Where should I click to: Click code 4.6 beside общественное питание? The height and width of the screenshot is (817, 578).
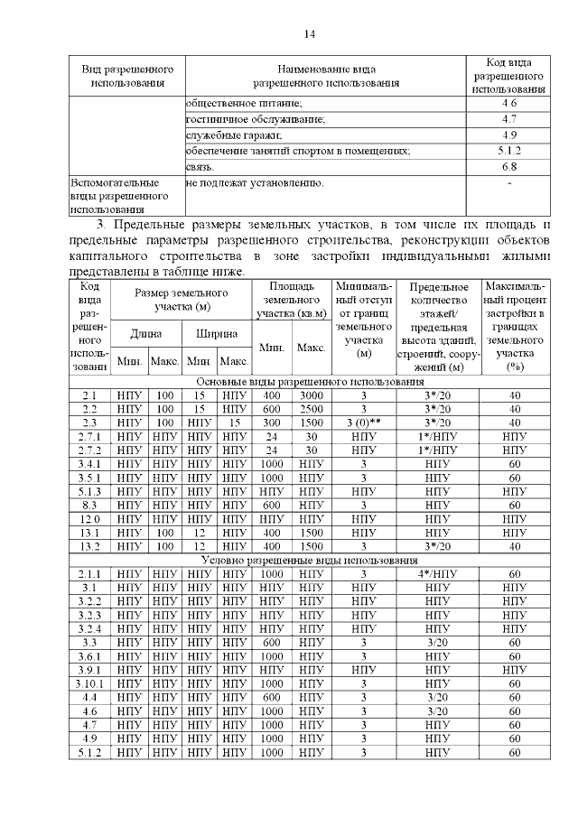508,105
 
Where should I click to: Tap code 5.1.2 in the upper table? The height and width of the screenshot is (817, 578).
508,151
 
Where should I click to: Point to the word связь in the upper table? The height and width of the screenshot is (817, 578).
200,167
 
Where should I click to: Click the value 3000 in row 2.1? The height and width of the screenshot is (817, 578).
310,395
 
